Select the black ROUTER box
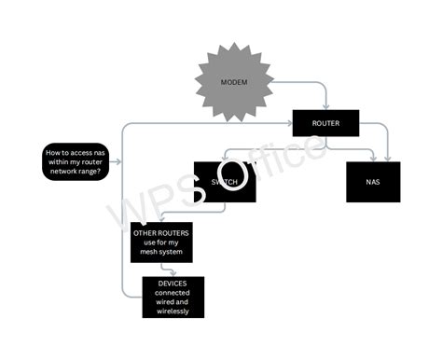point(325,123)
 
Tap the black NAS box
point(373,182)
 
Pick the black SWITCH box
point(224,182)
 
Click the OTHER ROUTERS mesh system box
point(161,242)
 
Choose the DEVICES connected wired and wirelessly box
point(173,297)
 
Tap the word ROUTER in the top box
point(325,123)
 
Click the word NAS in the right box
point(373,182)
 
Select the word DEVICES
point(173,283)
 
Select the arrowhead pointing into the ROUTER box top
point(325,108)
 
